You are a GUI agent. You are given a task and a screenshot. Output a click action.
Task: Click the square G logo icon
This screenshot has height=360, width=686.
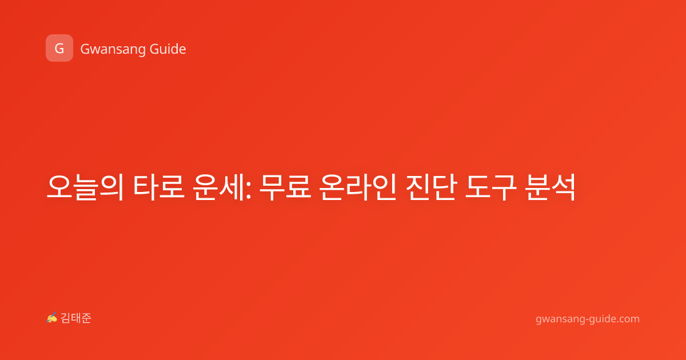(x=59, y=48)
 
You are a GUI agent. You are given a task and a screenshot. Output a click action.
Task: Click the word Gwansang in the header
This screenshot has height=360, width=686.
(x=113, y=50)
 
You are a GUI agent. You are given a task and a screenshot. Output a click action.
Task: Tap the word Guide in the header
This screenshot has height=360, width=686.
(x=167, y=49)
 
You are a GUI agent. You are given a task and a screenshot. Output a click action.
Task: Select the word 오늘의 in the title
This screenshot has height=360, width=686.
(x=85, y=187)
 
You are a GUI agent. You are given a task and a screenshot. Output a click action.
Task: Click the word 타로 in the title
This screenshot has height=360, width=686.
(x=158, y=187)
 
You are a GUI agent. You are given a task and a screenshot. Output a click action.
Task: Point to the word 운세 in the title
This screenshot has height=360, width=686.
(x=218, y=187)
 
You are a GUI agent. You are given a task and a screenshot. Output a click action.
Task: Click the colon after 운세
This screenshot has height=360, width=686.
(x=248, y=190)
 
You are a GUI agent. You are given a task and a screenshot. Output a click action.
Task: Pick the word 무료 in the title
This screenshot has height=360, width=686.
(x=285, y=187)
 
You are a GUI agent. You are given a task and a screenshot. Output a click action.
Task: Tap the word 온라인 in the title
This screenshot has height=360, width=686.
(x=358, y=187)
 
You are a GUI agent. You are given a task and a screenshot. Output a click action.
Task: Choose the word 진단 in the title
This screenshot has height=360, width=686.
(x=431, y=187)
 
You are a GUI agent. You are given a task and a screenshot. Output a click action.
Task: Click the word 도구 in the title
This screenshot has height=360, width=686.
(x=491, y=187)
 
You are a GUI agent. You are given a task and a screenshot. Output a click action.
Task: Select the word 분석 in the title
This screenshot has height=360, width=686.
(x=550, y=187)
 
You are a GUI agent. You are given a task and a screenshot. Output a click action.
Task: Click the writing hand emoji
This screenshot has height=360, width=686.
(x=52, y=318)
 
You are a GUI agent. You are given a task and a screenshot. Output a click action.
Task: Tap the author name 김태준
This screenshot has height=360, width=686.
(x=76, y=318)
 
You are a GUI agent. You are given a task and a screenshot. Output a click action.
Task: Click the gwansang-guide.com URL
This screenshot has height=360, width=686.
(x=588, y=319)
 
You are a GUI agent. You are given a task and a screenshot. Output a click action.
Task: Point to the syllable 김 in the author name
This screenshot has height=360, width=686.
(x=66, y=318)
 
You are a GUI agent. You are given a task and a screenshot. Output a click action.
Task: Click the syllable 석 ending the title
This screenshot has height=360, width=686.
(x=563, y=187)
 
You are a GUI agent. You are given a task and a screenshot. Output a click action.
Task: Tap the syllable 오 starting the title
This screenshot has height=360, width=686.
(x=59, y=187)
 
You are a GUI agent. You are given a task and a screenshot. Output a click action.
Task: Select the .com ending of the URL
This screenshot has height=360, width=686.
(x=627, y=319)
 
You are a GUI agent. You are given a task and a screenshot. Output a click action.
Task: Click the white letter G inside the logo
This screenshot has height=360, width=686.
(x=59, y=49)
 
